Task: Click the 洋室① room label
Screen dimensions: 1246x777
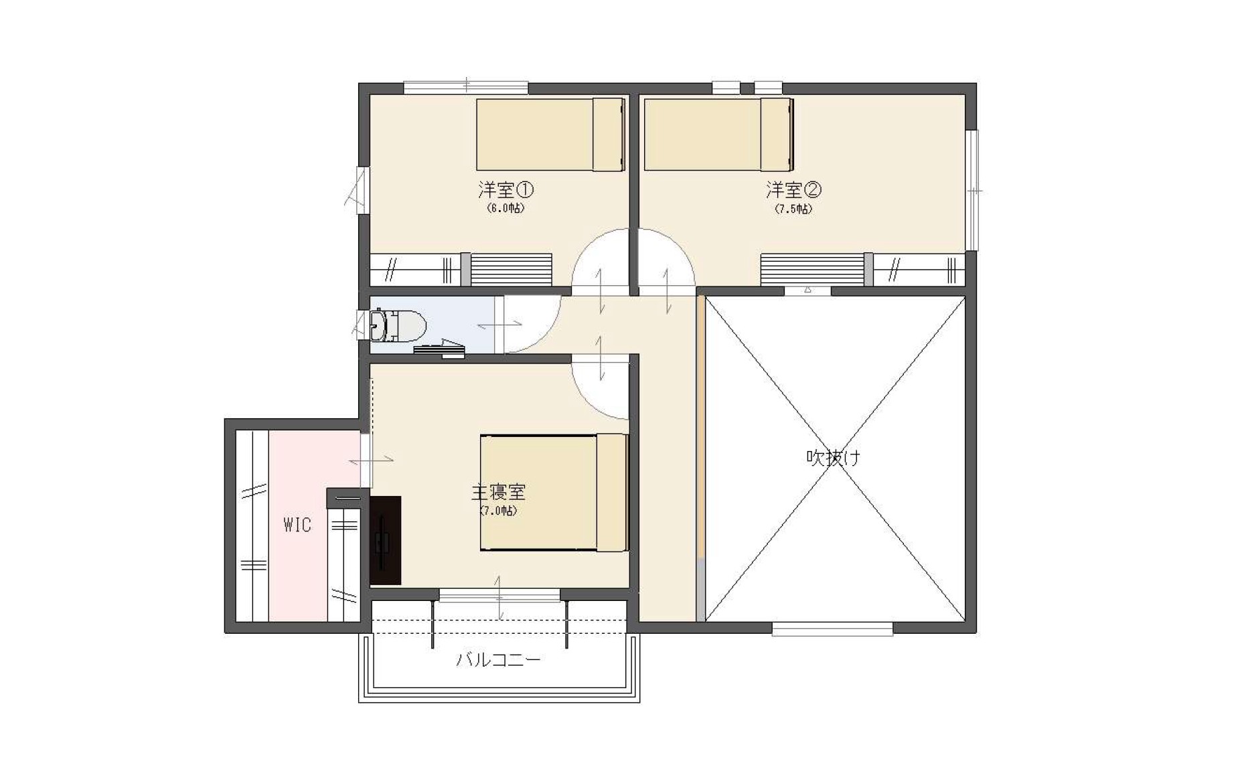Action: [x=505, y=190]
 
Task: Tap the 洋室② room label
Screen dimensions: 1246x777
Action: [x=793, y=190]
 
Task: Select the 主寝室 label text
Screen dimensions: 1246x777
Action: [x=498, y=493]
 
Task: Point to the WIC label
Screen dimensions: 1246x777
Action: [x=297, y=525]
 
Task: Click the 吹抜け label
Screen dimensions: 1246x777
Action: [x=833, y=458]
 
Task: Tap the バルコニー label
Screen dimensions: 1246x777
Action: [x=498, y=660]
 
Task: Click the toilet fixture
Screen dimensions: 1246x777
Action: [x=398, y=325]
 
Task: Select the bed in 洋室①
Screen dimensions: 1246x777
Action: [x=550, y=135]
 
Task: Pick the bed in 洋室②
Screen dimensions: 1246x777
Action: [x=718, y=135]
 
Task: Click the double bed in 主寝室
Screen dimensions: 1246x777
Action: [x=554, y=493]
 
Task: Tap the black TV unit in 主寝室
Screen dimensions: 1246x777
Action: [x=385, y=540]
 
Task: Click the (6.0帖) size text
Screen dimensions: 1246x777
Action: [x=505, y=208]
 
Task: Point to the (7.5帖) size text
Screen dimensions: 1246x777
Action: [x=793, y=209]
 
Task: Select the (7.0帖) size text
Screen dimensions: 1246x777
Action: [x=498, y=511]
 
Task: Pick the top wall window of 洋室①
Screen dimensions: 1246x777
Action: [x=466, y=88]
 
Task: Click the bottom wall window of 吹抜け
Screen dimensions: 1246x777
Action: [x=832, y=629]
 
